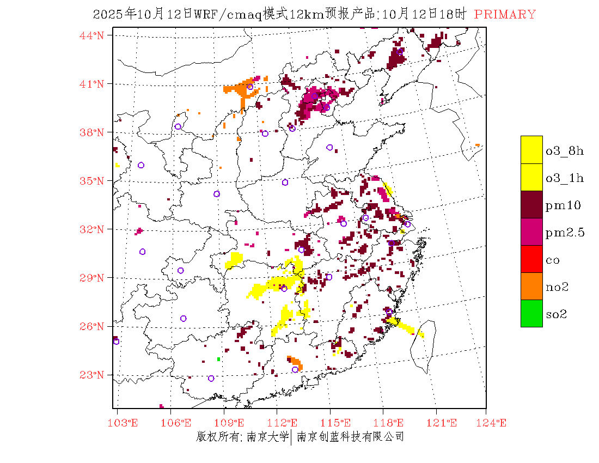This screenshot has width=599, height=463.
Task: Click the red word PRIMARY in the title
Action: pos(505,15)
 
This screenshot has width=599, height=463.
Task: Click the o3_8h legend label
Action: pos(565,151)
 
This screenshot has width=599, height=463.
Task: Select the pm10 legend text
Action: pos(563,205)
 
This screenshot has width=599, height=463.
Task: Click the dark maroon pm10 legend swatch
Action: pos(531,204)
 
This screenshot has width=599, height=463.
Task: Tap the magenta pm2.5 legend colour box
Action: pos(531,231)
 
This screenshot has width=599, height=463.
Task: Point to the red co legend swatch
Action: pos(531,259)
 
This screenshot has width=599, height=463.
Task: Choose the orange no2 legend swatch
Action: pos(531,286)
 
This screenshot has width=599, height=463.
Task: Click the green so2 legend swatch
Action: pos(531,313)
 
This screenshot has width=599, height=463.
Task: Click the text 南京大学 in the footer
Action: pos(267,437)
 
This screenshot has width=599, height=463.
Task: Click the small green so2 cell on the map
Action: pos(218,359)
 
